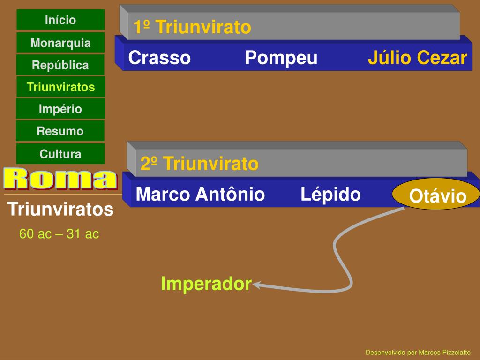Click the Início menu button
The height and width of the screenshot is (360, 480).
[60, 20]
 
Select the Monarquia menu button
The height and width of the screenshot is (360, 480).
[60, 43]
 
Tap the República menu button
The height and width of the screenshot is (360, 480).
[60, 65]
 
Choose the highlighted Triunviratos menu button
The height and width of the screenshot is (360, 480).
[60, 87]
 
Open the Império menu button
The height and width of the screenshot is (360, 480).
[60, 109]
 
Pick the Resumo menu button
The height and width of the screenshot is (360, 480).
[60, 131]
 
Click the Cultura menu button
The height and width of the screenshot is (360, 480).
[60, 154]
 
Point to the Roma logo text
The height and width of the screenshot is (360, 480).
[60, 179]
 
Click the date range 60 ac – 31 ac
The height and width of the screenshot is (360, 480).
[59, 234]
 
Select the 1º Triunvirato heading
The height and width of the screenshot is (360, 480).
[192, 27]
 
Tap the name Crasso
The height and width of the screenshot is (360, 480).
[159, 58]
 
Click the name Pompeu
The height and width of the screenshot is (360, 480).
[281, 58]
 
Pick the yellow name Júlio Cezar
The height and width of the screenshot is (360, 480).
[417, 58]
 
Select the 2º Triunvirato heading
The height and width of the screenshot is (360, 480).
[199, 164]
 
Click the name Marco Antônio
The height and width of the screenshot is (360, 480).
[200, 194]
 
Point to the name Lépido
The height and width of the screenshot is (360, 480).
[330, 194]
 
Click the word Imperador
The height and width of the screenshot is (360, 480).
[206, 284]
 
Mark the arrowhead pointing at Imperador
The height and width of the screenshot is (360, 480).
[257, 284]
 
